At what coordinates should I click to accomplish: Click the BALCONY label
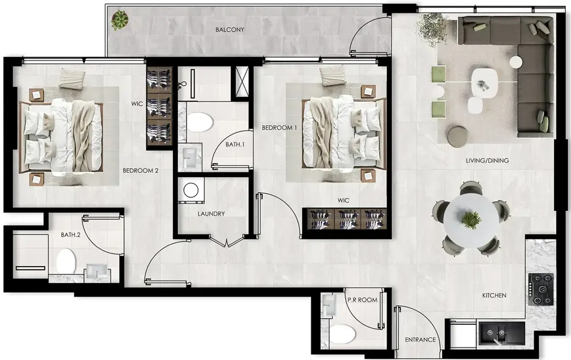click(229, 30)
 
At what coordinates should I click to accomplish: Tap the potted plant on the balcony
click(120, 21)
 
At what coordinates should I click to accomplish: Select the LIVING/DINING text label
click(480, 160)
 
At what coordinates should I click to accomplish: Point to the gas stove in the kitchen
click(541, 289)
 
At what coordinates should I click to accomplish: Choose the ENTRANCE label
click(420, 340)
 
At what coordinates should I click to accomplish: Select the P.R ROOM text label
click(362, 300)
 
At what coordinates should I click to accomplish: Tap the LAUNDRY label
click(211, 214)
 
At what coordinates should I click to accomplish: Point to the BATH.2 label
click(70, 235)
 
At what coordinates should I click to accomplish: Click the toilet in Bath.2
click(66, 261)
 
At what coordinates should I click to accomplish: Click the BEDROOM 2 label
click(141, 170)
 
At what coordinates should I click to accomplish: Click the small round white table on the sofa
click(516, 62)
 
